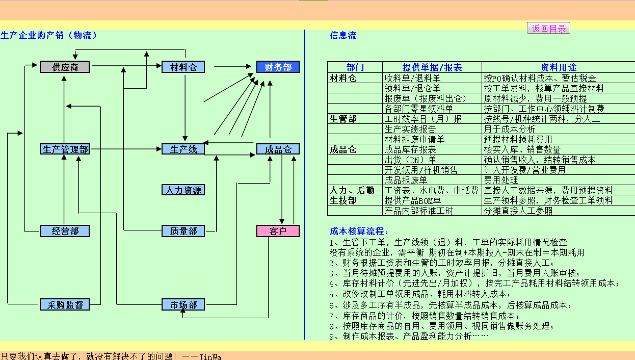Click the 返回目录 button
(x=548, y=29)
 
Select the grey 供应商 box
(x=65, y=67)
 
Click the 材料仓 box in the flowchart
(x=183, y=67)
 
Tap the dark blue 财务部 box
(x=278, y=67)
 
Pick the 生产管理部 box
(x=65, y=149)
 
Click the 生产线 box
(x=183, y=149)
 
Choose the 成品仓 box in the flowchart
(x=278, y=149)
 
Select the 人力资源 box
(x=183, y=190)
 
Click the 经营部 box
(x=65, y=231)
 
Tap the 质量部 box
(x=183, y=231)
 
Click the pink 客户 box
(x=278, y=231)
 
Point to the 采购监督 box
(x=65, y=305)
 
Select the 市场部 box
(x=183, y=305)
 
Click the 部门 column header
(x=355, y=67)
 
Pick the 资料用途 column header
(x=558, y=67)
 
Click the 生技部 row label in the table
(x=343, y=200)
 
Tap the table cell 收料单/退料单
(x=412, y=78)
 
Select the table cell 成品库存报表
(x=410, y=149)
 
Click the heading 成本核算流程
(x=359, y=232)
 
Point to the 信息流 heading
(x=343, y=35)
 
